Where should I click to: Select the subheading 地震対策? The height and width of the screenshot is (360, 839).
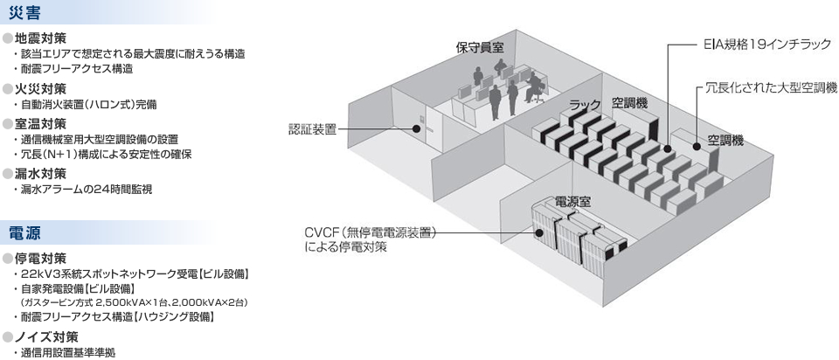40,38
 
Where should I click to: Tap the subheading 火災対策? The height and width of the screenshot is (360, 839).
40,89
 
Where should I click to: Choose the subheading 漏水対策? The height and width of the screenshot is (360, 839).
40,173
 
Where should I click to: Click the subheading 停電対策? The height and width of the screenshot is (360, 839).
40,259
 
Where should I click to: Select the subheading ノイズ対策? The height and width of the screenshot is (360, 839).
45,336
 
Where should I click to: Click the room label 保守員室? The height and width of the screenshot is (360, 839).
480,47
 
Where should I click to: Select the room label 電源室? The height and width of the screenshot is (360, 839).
572,202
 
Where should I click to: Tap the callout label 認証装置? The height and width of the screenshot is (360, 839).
312,128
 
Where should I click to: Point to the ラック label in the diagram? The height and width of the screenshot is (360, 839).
585,105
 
